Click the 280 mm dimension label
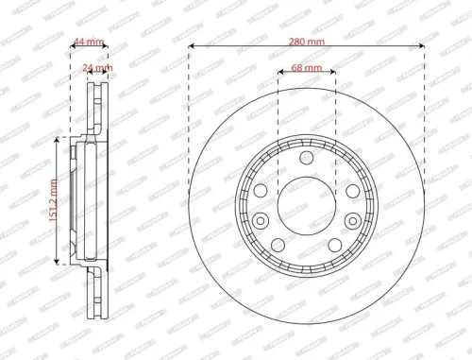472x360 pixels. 306,43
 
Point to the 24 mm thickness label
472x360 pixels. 96,69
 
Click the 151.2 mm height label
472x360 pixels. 55,199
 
